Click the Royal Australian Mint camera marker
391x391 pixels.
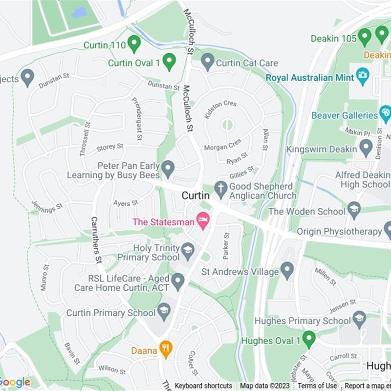(x=362, y=75)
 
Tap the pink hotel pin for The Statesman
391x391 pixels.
(x=202, y=219)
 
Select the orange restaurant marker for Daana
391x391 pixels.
(x=166, y=348)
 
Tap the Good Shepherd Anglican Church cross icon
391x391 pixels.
(x=221, y=188)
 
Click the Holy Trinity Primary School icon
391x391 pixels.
(x=188, y=251)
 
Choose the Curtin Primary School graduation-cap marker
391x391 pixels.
(x=164, y=310)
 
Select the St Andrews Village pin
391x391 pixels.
(x=287, y=269)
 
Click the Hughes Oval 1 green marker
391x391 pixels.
(x=308, y=338)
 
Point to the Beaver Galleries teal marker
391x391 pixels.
(x=385, y=113)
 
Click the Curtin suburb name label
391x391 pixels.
(x=195, y=195)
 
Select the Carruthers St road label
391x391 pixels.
(x=96, y=240)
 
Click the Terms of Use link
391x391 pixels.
(x=317, y=386)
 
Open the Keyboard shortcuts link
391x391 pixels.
(x=203, y=386)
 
